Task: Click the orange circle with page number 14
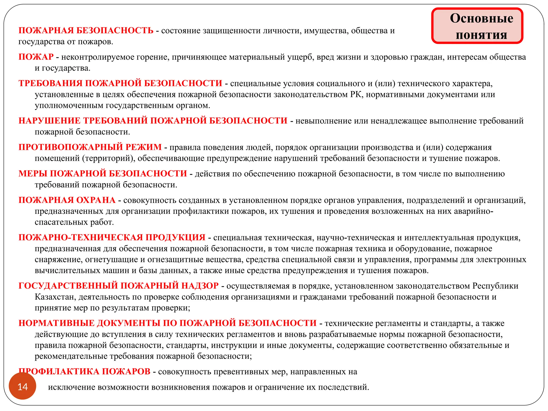[x=22, y=386]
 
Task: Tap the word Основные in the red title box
[x=481, y=18]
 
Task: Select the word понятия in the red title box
[x=481, y=35]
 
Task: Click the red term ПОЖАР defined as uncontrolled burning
[x=36, y=57]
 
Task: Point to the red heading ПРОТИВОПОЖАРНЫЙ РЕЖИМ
[x=90, y=147]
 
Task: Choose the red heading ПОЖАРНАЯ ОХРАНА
[x=67, y=200]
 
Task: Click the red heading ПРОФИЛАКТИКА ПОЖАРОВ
[x=85, y=371]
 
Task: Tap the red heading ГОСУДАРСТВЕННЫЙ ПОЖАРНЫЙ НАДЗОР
[x=119, y=286]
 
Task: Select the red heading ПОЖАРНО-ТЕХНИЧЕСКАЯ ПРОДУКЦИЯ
[x=112, y=237]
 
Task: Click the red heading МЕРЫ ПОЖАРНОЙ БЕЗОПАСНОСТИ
[x=102, y=173]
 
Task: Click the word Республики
[x=495, y=286]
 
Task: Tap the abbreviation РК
[x=356, y=94]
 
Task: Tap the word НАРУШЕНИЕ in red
[x=49, y=120]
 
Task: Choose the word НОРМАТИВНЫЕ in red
[x=56, y=323]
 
